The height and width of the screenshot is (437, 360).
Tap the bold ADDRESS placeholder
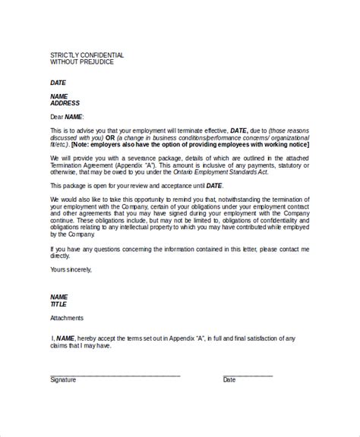[x=65, y=102]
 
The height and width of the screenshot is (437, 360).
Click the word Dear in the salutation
[x=56, y=116]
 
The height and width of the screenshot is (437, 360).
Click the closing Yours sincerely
[x=73, y=269]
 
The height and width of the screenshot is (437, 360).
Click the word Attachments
[x=67, y=318]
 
